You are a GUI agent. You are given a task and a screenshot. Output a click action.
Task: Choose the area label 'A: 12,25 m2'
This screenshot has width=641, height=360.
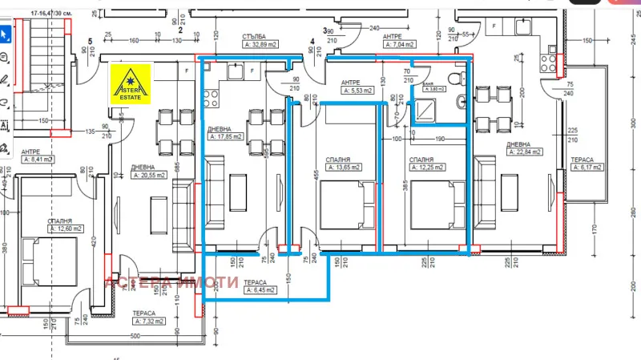(429, 168)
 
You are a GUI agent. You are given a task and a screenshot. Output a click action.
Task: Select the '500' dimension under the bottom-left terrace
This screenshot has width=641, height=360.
(136, 336)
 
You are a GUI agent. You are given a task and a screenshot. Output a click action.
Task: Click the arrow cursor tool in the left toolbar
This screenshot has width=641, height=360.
(5, 34)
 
